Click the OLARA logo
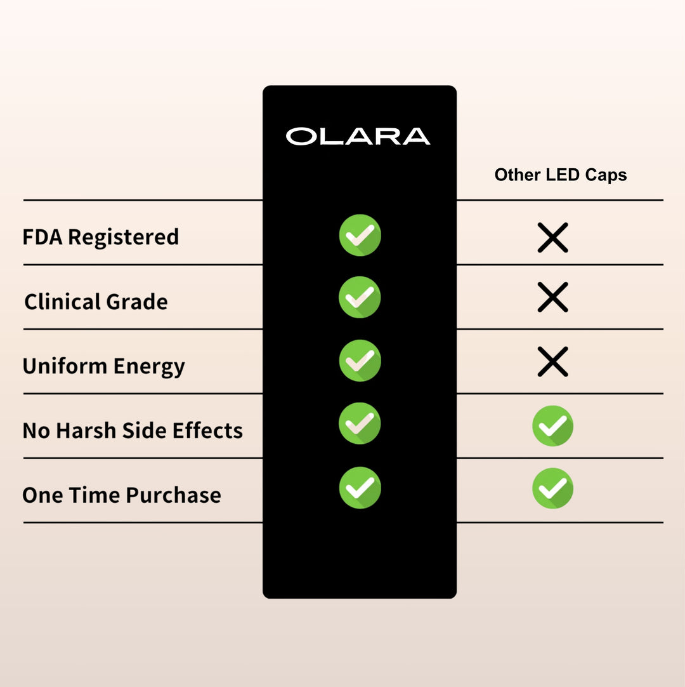[358, 136]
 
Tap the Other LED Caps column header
[561, 175]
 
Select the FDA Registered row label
[101, 237]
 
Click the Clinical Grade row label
[96, 301]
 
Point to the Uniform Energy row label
[103, 366]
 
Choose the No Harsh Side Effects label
[133, 430]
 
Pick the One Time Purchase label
[122, 495]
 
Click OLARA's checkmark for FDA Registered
[360, 235]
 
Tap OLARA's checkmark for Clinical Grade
[360, 297]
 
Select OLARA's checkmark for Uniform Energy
[360, 361]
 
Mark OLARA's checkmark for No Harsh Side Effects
[360, 423]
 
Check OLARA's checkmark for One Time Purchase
[360, 488]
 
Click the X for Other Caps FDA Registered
[552, 237]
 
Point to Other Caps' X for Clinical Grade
[552, 297]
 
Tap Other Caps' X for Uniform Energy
[552, 362]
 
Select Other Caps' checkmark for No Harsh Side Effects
[552, 425]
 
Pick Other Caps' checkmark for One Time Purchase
[552, 488]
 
